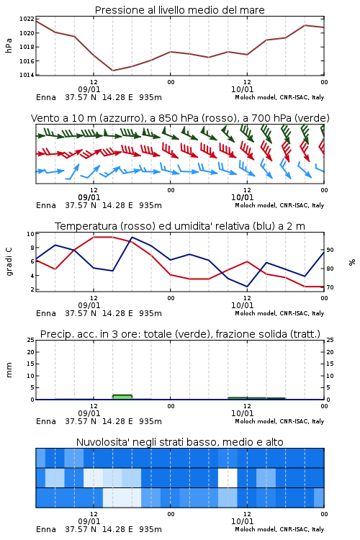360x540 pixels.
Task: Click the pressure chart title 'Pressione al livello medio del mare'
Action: coord(179,10)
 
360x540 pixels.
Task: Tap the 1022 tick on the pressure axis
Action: coord(27,19)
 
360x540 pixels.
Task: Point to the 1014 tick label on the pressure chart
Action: coord(27,75)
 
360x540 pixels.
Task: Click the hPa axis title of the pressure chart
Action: coord(9,45)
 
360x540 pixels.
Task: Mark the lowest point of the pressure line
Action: coord(112,71)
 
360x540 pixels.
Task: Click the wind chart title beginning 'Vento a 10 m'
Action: coord(180,118)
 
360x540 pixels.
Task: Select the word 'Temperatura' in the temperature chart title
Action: coord(86,226)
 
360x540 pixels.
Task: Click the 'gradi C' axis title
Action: coord(9,262)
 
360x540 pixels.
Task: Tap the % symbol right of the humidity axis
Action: coord(352,262)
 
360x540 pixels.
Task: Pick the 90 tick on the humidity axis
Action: coord(330,250)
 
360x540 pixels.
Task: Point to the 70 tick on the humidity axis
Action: coord(330,287)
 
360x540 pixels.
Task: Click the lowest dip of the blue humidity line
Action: coord(247,287)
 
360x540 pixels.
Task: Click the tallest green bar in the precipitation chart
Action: coord(122,397)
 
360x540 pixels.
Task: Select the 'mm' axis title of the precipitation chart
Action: coord(9,370)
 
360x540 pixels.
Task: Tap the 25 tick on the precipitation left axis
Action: coord(31,340)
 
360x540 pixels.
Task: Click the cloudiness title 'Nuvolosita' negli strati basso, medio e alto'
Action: coord(179,442)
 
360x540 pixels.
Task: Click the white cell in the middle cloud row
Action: coord(228,477)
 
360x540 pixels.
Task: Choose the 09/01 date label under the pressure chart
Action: coord(89,89)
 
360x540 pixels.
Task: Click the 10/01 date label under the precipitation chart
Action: coord(243,413)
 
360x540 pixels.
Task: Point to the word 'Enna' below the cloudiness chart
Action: coord(46,529)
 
